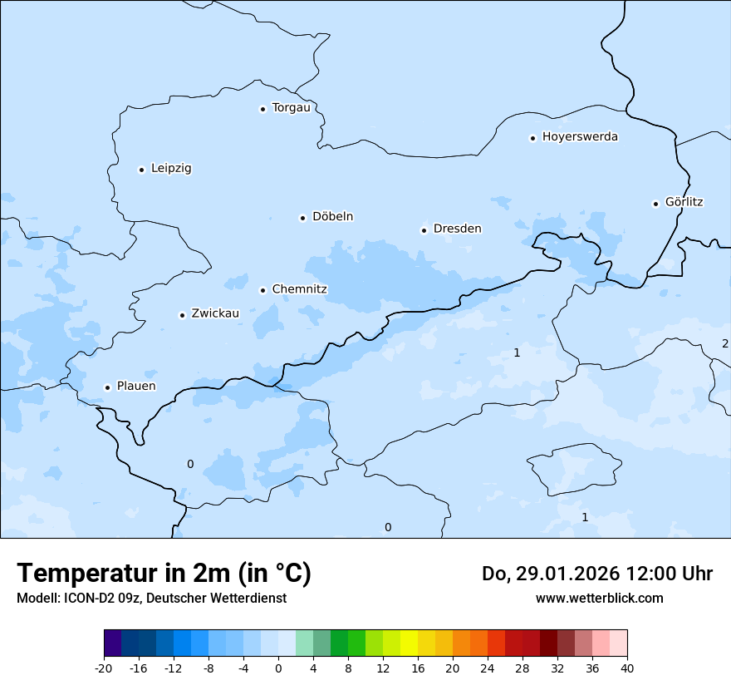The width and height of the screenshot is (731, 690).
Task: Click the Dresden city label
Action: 457,229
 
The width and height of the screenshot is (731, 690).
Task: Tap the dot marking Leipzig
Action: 141,170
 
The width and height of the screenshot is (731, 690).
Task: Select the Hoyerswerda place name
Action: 580,136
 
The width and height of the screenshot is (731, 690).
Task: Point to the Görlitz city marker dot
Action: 656,203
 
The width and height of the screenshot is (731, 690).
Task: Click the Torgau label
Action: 291,107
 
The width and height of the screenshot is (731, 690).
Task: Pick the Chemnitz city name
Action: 299,289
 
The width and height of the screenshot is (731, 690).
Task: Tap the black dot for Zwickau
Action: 182,315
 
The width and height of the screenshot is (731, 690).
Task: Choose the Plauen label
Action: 135,387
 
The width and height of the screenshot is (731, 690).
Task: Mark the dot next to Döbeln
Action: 302,218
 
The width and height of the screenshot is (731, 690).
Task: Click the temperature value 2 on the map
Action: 724,343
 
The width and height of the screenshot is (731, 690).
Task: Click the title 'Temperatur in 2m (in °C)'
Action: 164,573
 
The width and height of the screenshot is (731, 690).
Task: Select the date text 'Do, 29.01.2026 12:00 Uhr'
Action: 596,574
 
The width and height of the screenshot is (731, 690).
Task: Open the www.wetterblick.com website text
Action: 599,598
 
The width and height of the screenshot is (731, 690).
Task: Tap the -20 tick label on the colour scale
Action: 104,668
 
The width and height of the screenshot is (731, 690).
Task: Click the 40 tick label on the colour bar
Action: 627,668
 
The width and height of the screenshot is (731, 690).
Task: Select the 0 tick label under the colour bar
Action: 278,668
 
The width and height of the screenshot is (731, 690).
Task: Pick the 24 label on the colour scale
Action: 488,668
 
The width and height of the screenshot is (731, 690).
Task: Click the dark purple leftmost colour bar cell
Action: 112,643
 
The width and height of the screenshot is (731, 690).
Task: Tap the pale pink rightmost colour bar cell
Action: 619,643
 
